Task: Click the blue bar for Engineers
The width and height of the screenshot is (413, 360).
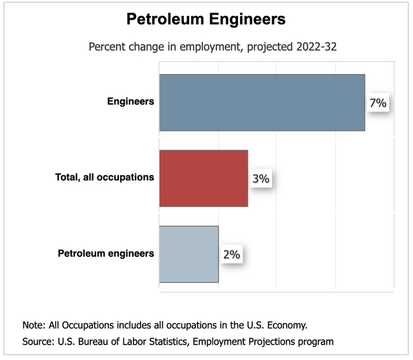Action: point(262,103)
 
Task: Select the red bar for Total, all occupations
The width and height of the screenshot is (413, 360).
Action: point(203,178)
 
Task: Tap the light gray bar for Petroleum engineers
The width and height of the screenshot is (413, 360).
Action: point(188,254)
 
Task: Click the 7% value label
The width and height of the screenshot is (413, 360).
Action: point(378,103)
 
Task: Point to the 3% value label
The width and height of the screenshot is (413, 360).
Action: point(261,179)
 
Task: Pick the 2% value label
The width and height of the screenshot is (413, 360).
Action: point(231,254)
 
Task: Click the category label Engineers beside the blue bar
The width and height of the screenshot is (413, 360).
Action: point(130,101)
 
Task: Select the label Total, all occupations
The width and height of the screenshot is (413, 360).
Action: point(105,177)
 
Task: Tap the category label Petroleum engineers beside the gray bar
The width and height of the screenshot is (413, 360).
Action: point(106,253)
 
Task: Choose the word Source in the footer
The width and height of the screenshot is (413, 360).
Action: point(37,340)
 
